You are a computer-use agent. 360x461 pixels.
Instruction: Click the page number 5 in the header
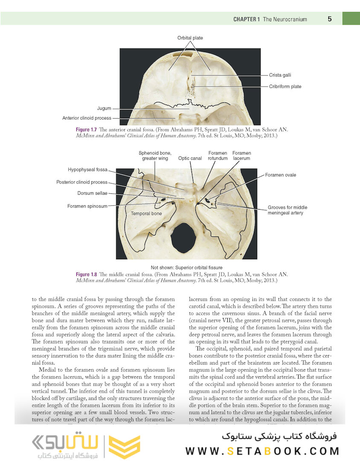pyautogui.click(x=330, y=19)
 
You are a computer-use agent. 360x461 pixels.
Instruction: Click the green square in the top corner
pyautogui.click(x=351, y=18)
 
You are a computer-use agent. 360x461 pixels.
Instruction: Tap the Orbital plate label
pyautogui.click(x=190, y=38)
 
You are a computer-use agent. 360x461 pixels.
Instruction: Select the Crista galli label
pyautogui.click(x=280, y=75)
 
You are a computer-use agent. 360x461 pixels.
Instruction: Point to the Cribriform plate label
pyautogui.click(x=285, y=87)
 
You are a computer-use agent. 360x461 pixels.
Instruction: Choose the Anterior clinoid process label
pyautogui.click(x=87, y=118)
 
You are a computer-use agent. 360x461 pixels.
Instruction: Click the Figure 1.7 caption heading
pyautogui.click(x=86, y=130)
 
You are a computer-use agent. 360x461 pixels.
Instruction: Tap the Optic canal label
pyautogui.click(x=190, y=158)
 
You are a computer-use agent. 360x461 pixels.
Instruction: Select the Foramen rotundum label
pyautogui.click(x=218, y=156)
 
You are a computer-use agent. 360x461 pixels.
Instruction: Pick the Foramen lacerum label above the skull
pyautogui.click(x=241, y=156)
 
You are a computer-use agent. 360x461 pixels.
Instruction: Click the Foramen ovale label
pyautogui.click(x=280, y=175)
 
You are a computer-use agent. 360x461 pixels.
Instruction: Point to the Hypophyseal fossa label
pyautogui.click(x=87, y=169)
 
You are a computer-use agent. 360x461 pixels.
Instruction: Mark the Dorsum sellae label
pyautogui.click(x=92, y=193)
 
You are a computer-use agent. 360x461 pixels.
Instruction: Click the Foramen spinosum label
pyautogui.click(x=87, y=206)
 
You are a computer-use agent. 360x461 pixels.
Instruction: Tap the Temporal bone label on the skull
pyautogui.click(x=146, y=213)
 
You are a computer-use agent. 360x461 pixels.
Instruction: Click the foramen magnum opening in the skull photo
pyautogui.click(x=183, y=238)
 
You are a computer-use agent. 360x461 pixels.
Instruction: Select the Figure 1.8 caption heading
pyautogui.click(x=86, y=274)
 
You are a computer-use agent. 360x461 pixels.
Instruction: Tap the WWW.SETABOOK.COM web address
pyautogui.click(x=262, y=451)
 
